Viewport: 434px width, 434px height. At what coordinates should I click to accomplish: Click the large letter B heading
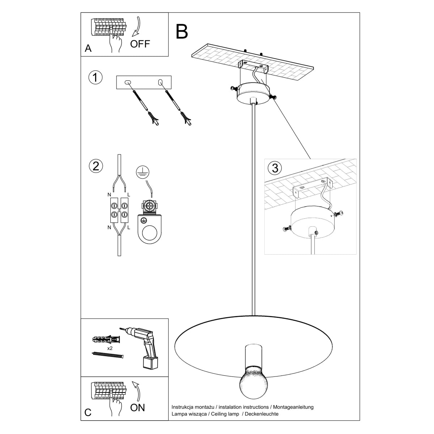pos(182,31)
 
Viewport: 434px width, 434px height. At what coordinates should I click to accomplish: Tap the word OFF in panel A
pos(140,44)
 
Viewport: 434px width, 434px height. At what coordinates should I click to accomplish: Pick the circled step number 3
pos(275,168)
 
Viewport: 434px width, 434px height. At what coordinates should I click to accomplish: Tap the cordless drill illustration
pos(145,344)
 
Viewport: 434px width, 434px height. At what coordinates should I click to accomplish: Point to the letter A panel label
pos(88,48)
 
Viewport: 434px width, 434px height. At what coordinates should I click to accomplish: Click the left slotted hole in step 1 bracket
pos(127,83)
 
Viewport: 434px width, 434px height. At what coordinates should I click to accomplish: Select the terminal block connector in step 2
pos(119,211)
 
